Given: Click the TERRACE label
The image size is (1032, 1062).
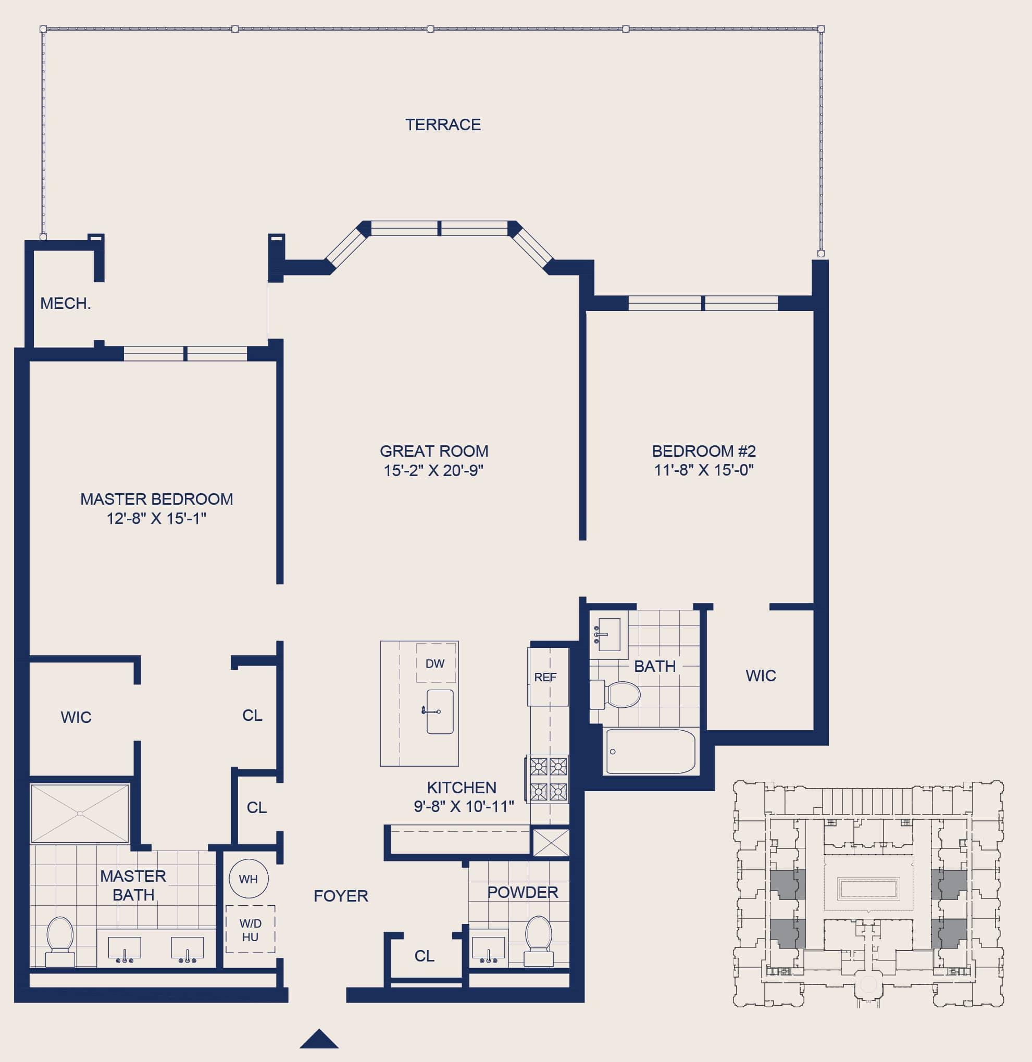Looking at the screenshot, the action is pyautogui.click(x=443, y=124).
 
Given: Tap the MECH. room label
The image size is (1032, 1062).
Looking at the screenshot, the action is pyautogui.click(x=65, y=304).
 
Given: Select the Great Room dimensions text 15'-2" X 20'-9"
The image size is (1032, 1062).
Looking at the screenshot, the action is pyautogui.click(x=433, y=470).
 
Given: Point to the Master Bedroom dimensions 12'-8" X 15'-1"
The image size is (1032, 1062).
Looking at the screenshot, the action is pyautogui.click(x=156, y=519).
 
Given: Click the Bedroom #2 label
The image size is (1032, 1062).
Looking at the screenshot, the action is pyautogui.click(x=703, y=451).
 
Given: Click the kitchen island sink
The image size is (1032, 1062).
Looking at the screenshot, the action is pyautogui.click(x=440, y=711).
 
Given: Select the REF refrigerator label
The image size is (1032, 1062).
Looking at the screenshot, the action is pyautogui.click(x=545, y=677).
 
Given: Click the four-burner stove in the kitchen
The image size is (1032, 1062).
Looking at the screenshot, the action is pyautogui.click(x=548, y=779).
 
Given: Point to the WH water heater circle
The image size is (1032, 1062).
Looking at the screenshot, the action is pyautogui.click(x=248, y=879).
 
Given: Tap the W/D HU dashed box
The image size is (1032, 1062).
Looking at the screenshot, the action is pyautogui.click(x=250, y=929).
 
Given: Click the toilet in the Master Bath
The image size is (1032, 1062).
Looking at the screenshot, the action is pyautogui.click(x=59, y=942).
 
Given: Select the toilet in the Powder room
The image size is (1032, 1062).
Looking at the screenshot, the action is pyautogui.click(x=538, y=941).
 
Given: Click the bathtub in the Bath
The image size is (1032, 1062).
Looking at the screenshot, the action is pyautogui.click(x=651, y=752).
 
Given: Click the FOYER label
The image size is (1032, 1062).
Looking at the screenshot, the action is pyautogui.click(x=341, y=896).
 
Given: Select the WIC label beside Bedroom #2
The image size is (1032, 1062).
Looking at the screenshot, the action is pyautogui.click(x=761, y=676).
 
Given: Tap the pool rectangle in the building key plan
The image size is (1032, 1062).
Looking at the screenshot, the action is pyautogui.click(x=868, y=889).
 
